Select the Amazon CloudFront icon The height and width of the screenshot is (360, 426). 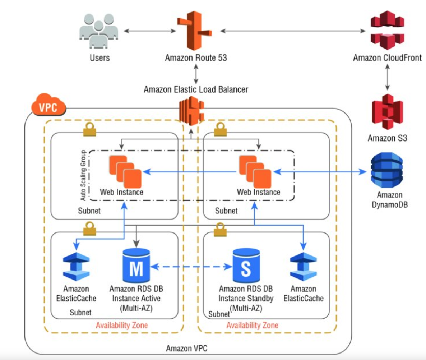[x=387, y=30]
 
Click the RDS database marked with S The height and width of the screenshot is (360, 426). [x=246, y=266]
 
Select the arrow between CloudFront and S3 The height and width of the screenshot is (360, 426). [x=387, y=77]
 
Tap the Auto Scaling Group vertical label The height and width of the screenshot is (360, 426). [x=83, y=175]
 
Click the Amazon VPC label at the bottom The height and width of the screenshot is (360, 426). [x=186, y=348]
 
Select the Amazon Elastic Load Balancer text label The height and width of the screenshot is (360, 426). [x=196, y=89]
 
